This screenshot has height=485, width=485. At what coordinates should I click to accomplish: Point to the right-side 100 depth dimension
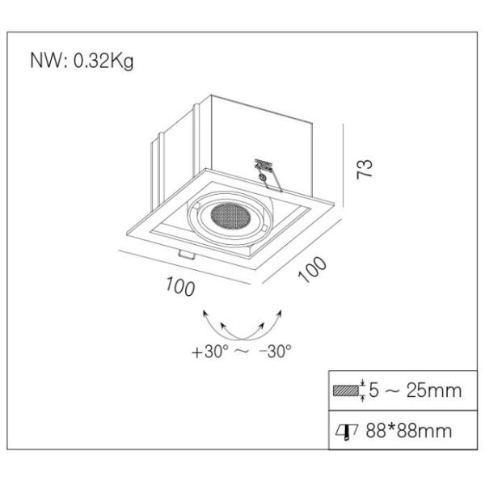click(x=312, y=272)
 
